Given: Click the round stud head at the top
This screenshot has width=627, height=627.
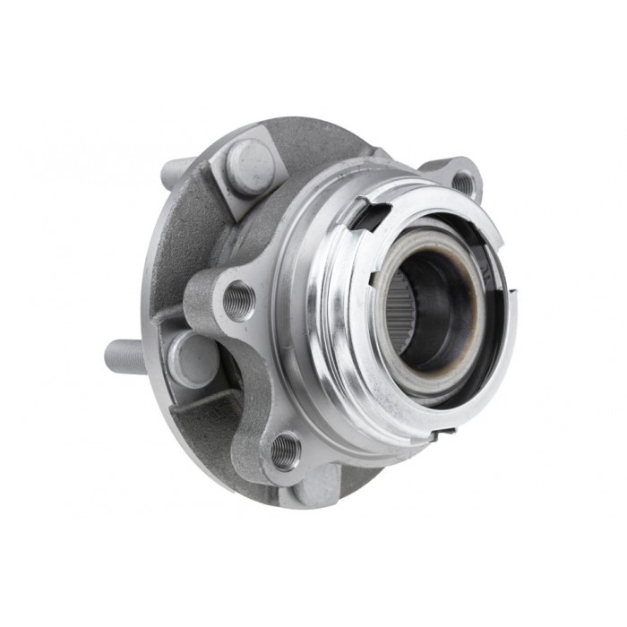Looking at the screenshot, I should [x=249, y=165].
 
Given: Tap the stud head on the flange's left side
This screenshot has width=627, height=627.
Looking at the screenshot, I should [x=192, y=357].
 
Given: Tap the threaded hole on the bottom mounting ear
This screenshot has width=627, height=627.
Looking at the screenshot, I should [x=285, y=451].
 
